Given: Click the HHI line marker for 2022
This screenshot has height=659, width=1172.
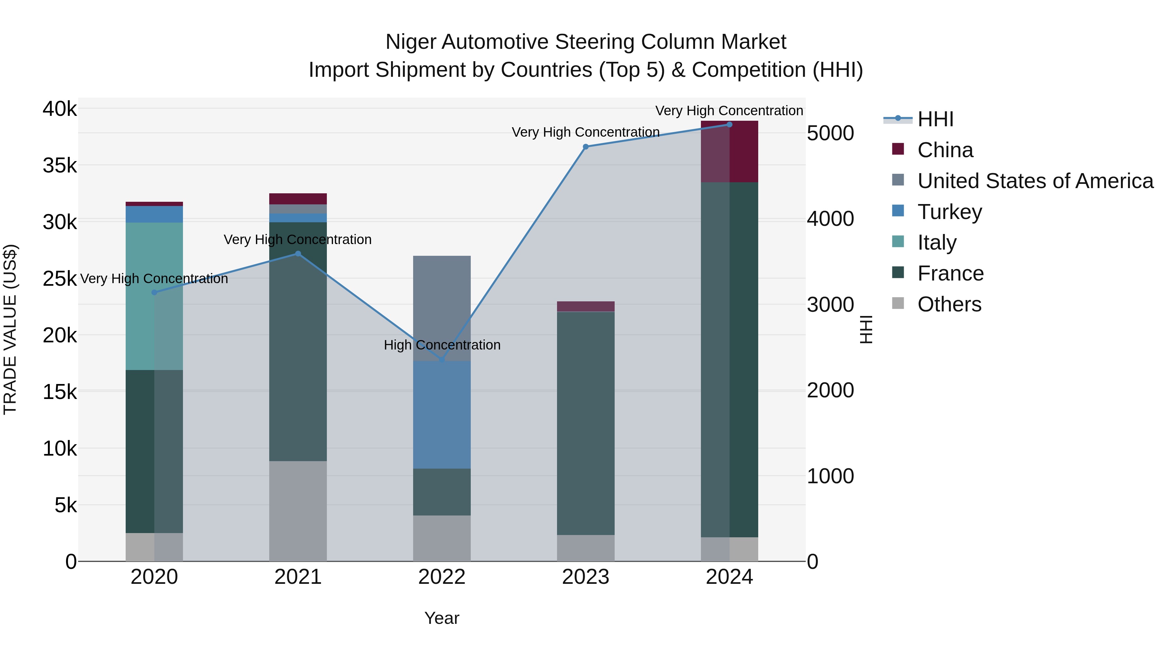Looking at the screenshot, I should point(441,360).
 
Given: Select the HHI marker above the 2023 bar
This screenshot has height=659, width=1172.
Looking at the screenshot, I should point(586,146).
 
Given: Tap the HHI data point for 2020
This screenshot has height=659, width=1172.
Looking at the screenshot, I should point(154,293).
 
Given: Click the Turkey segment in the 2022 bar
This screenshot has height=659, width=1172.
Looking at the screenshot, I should point(441,415).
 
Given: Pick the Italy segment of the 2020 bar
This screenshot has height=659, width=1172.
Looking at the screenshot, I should point(154,296).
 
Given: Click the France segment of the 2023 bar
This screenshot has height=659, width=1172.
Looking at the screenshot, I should point(586,423).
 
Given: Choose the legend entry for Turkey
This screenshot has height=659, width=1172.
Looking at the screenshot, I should point(950,212).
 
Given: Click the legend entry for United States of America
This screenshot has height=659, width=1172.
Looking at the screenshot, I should point(1035,181).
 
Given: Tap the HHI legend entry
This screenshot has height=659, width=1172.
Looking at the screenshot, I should point(935,119).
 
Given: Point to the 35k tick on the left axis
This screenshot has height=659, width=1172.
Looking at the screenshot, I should point(60,166).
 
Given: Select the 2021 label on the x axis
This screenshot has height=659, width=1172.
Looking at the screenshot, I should point(298,577).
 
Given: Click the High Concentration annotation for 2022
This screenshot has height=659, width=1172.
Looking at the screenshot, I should point(442,345).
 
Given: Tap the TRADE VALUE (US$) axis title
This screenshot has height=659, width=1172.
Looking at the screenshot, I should point(10,329).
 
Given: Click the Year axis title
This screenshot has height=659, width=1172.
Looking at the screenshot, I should point(441,618).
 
